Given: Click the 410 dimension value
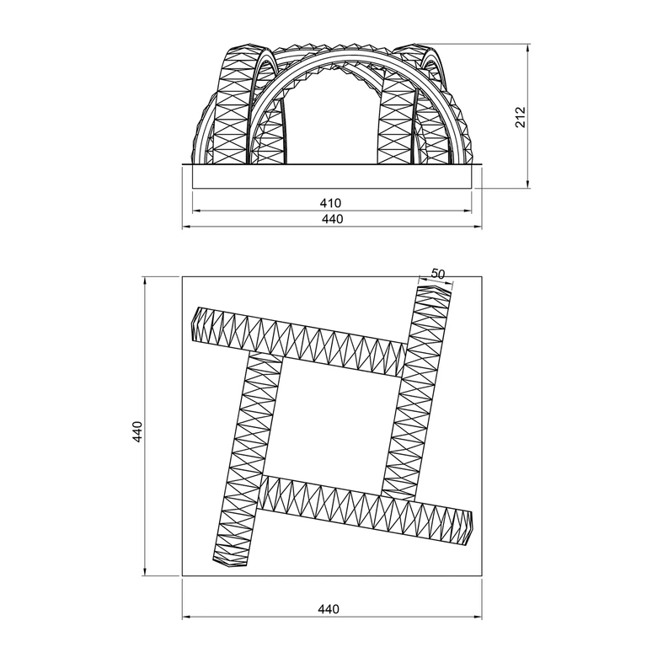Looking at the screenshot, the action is (330, 203).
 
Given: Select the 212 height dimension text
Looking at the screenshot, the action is (520, 117).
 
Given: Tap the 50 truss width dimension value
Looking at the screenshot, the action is (438, 274).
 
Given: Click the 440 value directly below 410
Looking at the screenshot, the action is (333, 219).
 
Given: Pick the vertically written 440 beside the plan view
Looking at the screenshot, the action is (137, 431).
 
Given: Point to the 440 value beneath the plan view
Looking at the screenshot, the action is (329, 609).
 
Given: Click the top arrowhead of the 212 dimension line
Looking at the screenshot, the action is (527, 46).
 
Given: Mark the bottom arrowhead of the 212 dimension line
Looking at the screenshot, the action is (527, 184).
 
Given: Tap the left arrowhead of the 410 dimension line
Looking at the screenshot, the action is (195, 211).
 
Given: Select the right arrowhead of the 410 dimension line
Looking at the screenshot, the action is (468, 211).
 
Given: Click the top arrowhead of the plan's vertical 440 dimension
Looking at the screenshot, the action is (145, 281).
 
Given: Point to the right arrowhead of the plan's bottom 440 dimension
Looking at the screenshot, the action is (479, 618).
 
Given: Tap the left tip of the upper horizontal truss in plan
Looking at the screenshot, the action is (191, 323).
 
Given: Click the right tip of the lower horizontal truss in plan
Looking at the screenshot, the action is (472, 528).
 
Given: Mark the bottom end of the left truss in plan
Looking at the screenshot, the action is (230, 564).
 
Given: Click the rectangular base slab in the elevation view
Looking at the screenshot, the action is (332, 176).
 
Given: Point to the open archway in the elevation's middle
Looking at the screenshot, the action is (333, 119).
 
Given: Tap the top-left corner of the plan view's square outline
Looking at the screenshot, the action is (182, 277).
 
